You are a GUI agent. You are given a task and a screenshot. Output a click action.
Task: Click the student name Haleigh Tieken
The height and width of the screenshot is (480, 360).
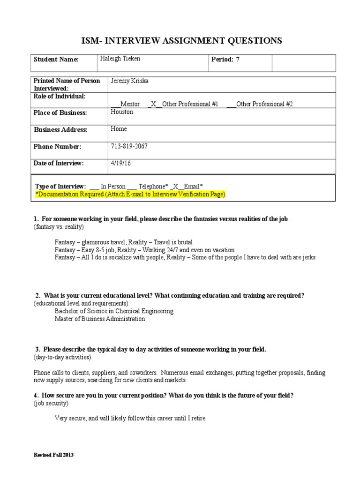click(x=120, y=59)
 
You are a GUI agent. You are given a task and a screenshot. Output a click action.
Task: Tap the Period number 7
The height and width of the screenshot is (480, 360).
click(x=237, y=60)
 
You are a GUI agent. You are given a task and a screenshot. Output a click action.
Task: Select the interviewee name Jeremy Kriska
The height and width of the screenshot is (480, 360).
click(x=130, y=81)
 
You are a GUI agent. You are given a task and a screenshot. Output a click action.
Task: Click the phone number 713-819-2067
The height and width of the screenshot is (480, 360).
click(x=129, y=147)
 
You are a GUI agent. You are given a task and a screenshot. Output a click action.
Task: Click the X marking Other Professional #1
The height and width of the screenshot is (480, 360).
click(x=153, y=104)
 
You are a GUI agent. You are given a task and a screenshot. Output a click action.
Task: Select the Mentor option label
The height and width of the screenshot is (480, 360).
click(x=130, y=104)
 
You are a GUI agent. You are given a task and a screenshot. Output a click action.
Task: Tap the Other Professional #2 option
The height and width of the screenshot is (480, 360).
click(x=264, y=104)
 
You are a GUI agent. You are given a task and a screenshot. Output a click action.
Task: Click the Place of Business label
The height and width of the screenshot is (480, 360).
click(x=60, y=113)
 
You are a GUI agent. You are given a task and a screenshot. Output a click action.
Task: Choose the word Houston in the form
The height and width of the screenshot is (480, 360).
click(x=122, y=112)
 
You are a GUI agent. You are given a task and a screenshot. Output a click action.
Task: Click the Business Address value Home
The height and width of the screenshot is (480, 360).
click(x=119, y=129)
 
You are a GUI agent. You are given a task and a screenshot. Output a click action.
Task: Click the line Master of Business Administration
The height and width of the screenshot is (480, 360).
click(x=100, y=319)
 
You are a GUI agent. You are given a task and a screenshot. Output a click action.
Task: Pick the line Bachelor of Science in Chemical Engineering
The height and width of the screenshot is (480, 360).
click(x=114, y=311)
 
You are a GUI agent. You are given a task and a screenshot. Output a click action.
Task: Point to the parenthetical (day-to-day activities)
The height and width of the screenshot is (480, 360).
click(x=62, y=358)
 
